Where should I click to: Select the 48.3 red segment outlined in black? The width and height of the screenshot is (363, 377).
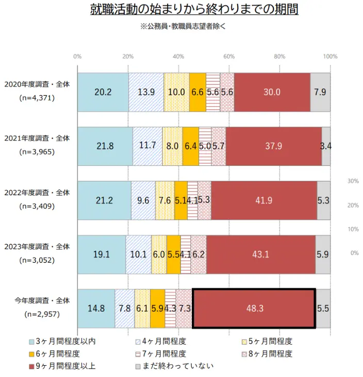click(254, 309)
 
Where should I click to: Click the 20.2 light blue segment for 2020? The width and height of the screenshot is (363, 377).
click(103, 92)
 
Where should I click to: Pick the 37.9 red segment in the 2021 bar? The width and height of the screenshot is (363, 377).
click(273, 146)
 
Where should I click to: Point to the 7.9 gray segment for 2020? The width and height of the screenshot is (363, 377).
click(320, 92)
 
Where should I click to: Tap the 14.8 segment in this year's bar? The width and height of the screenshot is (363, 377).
click(96, 309)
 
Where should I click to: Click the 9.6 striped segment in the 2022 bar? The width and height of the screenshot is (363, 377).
click(143, 200)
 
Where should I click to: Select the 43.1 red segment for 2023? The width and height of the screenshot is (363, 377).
click(260, 254)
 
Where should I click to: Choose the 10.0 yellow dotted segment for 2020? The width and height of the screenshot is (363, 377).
click(176, 92)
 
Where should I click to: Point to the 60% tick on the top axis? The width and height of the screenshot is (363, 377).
click(229, 56)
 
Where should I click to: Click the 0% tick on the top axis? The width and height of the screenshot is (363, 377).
click(77, 56)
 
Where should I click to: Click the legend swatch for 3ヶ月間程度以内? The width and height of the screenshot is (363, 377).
click(31, 341)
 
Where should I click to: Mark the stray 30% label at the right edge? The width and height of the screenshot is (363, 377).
click(354, 181)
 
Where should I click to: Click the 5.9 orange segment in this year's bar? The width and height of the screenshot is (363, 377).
click(158, 309)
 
